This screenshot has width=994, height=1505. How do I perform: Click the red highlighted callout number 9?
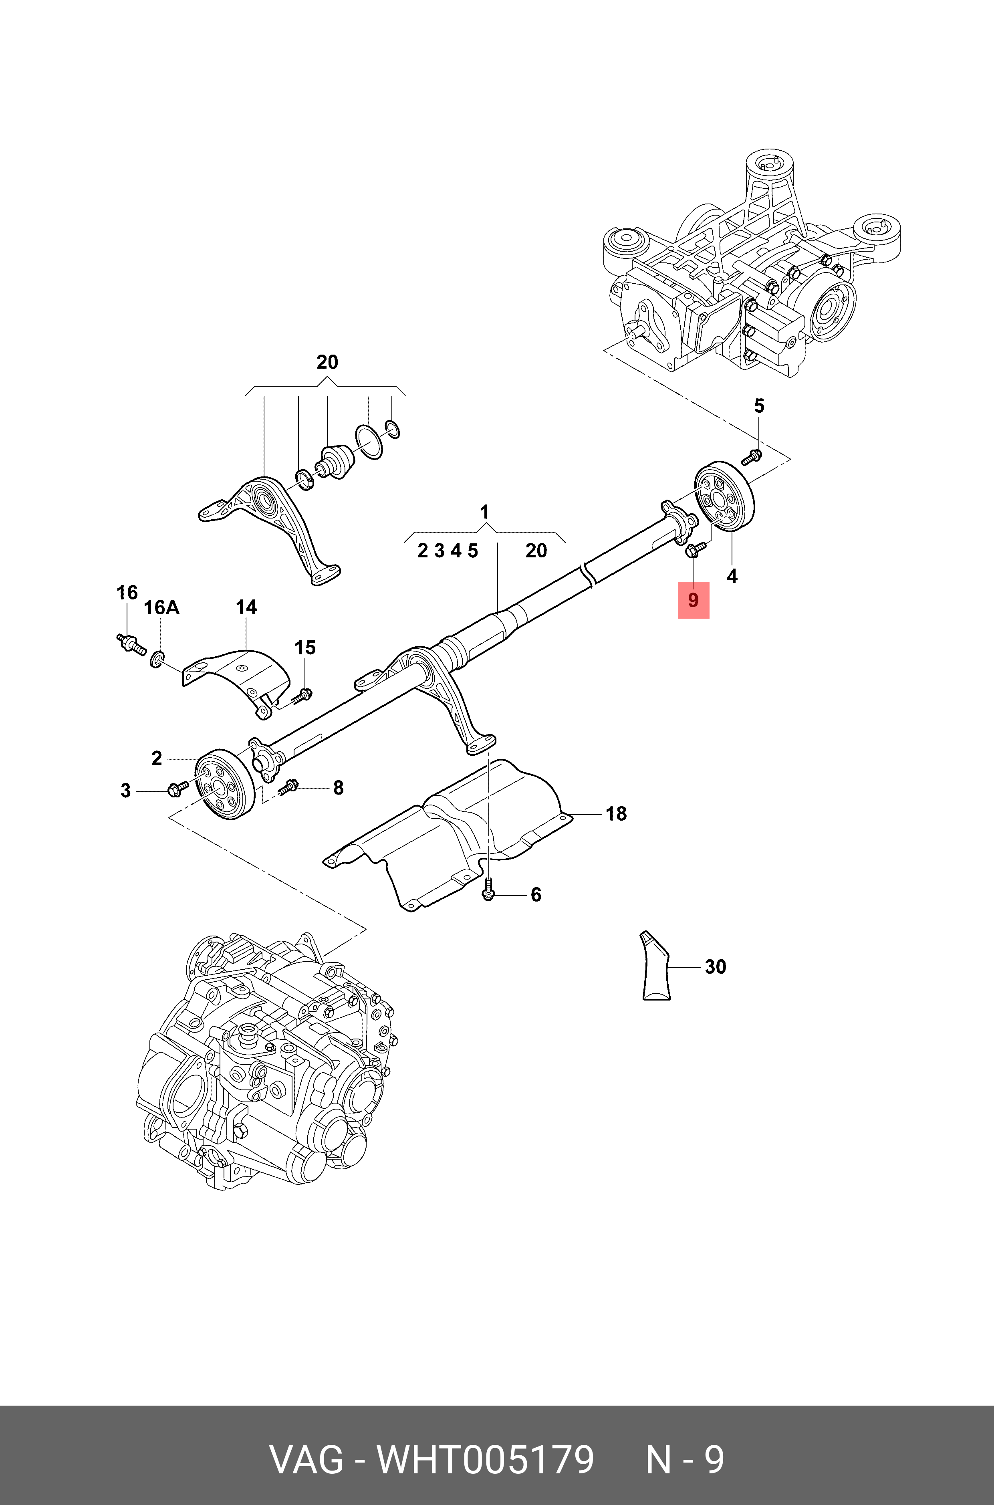click(693, 600)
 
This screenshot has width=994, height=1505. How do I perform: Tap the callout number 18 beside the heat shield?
click(615, 813)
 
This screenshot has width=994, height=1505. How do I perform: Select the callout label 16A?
click(161, 608)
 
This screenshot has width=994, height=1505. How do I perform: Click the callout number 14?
click(246, 607)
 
